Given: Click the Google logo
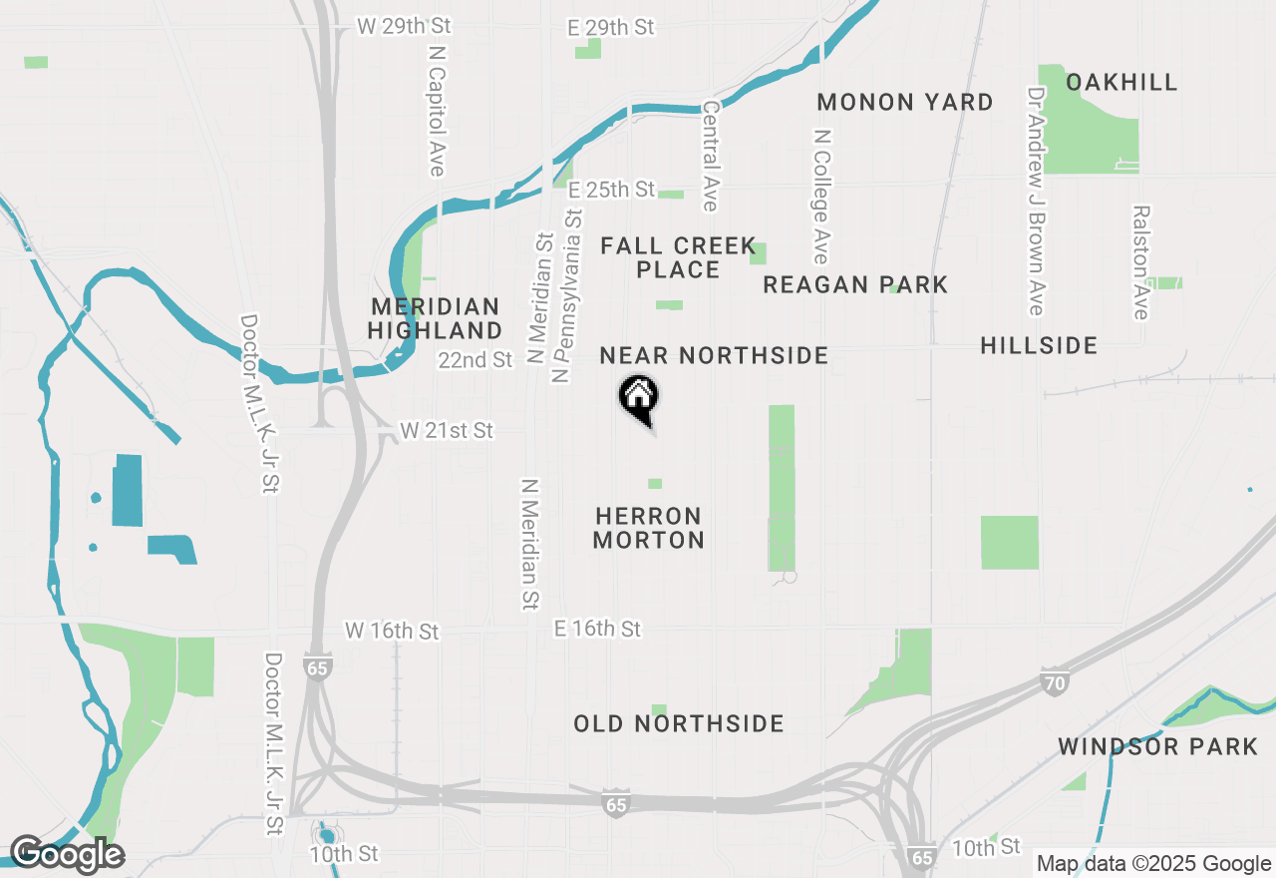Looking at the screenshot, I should click(x=67, y=854).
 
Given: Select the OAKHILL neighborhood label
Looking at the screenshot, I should click(x=1121, y=82).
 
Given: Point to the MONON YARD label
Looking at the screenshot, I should click(x=905, y=102).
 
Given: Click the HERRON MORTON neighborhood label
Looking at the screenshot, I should click(x=648, y=528).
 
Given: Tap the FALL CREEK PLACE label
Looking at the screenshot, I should click(x=660, y=257).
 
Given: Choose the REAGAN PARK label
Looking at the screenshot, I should click(x=855, y=284).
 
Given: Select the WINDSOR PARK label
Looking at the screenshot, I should click(x=1158, y=746).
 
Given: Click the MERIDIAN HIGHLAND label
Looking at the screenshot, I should click(x=436, y=318).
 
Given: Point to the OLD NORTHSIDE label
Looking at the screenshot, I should click(x=679, y=723).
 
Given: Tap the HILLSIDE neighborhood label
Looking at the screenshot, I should click(x=1039, y=345).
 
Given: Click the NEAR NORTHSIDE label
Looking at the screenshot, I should click(x=714, y=355).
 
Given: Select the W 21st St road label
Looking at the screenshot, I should click(x=447, y=430).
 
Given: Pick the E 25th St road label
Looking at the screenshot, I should click(x=611, y=189).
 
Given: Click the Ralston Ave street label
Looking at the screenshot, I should click(x=1141, y=262).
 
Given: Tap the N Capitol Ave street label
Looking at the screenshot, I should click(x=437, y=109).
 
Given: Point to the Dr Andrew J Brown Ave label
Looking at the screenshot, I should click(x=1037, y=200).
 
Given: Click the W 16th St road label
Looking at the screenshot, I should click(x=392, y=631).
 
